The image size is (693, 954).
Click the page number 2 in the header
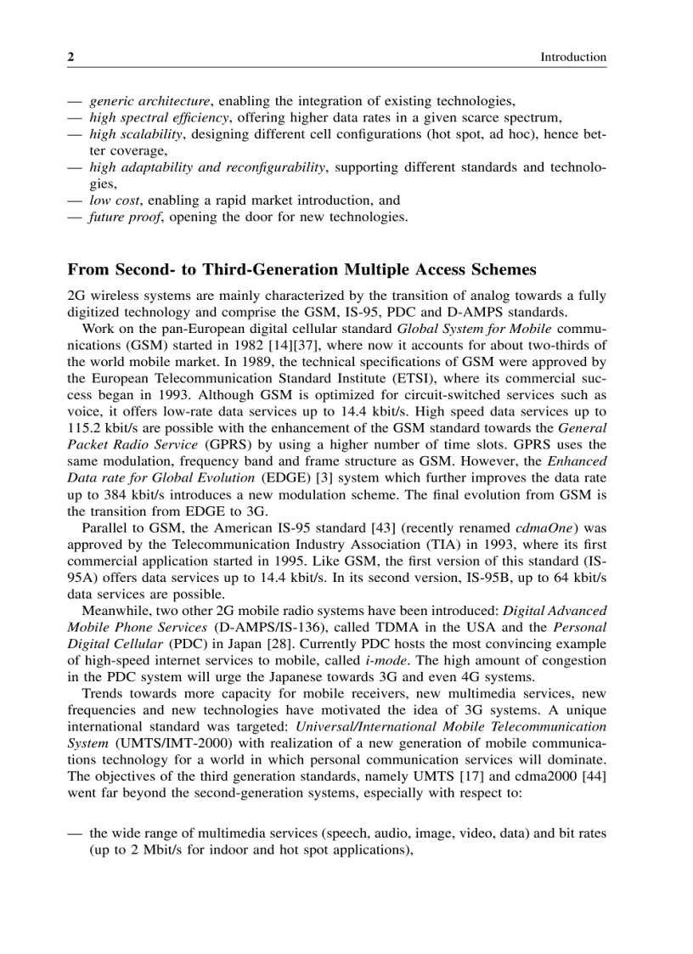click(71, 57)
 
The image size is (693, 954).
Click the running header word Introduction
click(573, 57)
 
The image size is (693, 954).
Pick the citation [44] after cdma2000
click(591, 776)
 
